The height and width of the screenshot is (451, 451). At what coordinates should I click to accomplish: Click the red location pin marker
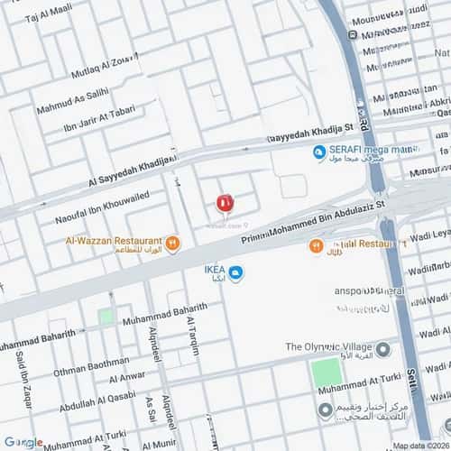click(x=225, y=203)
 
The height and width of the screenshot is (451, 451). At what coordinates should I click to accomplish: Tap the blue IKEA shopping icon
click(x=235, y=273)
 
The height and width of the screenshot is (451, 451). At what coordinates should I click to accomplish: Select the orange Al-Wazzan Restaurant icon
click(x=172, y=243)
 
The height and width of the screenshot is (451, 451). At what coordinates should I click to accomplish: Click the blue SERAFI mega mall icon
click(x=318, y=152)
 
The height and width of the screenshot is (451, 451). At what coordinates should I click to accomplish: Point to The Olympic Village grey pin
click(x=382, y=348)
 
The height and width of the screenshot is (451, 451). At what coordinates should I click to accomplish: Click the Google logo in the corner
click(x=23, y=442)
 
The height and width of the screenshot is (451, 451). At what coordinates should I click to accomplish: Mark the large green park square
click(x=327, y=375)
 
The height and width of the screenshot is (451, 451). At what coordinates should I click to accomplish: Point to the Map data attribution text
click(x=419, y=445)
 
